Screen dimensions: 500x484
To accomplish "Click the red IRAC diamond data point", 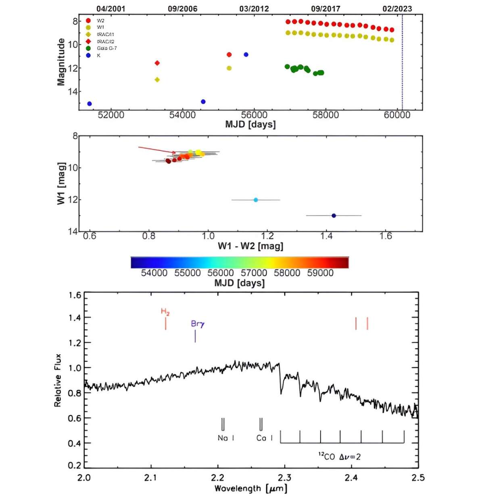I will tap(157, 63).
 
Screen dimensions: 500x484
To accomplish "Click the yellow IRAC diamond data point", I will tap(157, 80).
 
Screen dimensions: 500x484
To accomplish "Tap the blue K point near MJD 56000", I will tap(246, 54).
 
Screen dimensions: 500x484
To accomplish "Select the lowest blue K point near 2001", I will tap(90, 104).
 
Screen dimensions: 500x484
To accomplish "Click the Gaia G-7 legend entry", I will tap(106, 48).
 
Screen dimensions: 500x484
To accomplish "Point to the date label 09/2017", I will tap(325, 8).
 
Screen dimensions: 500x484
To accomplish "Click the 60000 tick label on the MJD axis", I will tap(397, 115).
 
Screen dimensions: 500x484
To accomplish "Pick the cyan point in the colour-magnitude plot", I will tap(256, 200).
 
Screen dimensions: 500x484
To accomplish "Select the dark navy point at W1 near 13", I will tap(334, 215).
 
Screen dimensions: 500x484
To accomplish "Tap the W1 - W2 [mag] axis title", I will tap(250, 246).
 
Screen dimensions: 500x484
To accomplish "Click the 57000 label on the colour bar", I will tap(254, 273).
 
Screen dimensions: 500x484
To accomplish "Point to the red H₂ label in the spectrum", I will tap(165, 312).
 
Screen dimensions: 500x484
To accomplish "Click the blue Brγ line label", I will tap(198, 324).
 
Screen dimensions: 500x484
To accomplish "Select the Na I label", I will tap(226, 438).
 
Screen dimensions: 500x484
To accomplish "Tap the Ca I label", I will tap(265, 438).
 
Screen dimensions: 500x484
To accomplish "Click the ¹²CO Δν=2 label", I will tap(339, 456).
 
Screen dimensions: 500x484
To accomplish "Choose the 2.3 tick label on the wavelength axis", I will tap(284, 478).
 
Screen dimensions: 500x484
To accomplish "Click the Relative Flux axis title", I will tap(58, 380).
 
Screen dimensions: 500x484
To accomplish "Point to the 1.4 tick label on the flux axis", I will tap(75, 318).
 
